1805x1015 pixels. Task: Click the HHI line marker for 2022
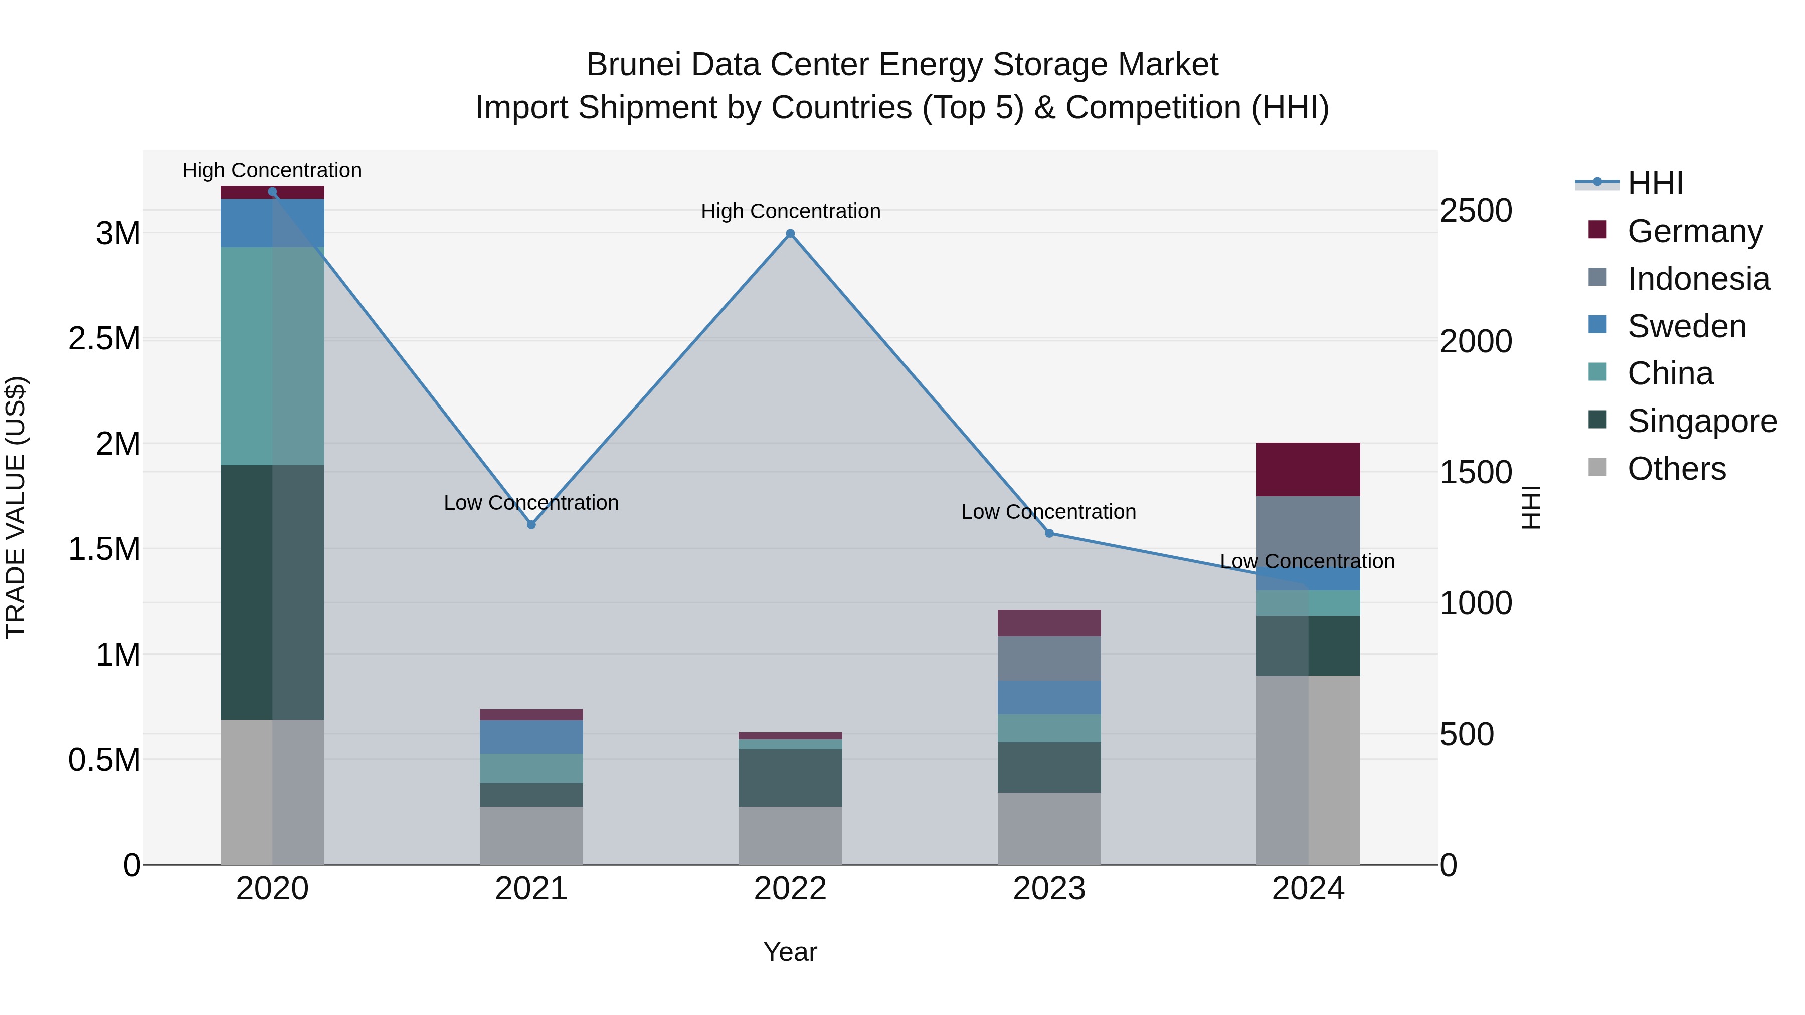point(790,233)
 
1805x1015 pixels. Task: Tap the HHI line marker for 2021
point(531,525)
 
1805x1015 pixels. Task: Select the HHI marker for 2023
point(1049,533)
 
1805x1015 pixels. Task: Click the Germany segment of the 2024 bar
point(1308,469)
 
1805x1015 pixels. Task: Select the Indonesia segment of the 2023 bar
point(1049,659)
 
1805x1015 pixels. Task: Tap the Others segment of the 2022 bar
point(790,835)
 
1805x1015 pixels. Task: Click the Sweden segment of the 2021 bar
point(531,737)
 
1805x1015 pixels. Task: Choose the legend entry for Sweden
point(1686,326)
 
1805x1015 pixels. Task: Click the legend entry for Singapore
point(1701,421)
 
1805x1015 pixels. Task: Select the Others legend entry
point(1676,469)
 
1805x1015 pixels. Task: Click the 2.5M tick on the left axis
point(104,338)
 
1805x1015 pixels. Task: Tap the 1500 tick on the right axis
point(1476,472)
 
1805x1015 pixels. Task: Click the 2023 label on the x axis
point(1049,889)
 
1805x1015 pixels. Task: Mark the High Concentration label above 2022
point(790,211)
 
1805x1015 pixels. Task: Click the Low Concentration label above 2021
point(531,503)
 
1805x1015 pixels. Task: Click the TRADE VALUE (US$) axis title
point(16,507)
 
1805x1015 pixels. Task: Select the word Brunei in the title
point(633,65)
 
